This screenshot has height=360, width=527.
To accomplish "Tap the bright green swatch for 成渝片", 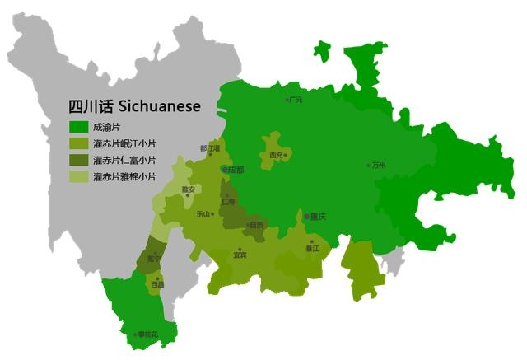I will click(78, 127).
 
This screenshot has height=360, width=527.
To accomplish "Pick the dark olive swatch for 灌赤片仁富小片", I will click(78, 160).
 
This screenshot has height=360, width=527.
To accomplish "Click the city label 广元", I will click(296, 100).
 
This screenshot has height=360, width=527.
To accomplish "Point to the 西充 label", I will click(276, 154).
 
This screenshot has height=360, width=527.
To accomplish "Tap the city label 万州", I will click(379, 165).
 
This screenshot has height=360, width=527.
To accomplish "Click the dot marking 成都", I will click(224, 169).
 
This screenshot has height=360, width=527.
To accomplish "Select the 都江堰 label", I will click(210, 148).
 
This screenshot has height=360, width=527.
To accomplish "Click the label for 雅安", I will click(188, 189).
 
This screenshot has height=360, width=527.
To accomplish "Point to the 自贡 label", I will click(257, 225).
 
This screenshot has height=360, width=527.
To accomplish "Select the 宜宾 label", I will click(240, 255).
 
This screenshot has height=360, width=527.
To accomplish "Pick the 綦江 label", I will click(312, 247).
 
